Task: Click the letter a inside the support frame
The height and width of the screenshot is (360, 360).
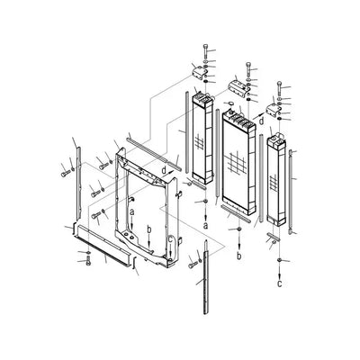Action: coord(132,211)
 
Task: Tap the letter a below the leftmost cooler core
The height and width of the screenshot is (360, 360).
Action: coord(205,226)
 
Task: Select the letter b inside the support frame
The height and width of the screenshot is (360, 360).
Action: coord(149,229)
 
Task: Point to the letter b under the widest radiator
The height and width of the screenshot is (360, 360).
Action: coord(239,256)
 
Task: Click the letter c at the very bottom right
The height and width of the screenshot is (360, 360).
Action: coord(280,283)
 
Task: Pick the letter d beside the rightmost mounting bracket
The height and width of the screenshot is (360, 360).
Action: coord(262,121)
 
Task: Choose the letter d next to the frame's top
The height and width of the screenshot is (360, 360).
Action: coord(164,170)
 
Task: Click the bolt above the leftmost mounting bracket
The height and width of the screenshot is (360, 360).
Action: coord(205,54)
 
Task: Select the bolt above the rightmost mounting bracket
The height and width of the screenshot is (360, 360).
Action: coord(280,88)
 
